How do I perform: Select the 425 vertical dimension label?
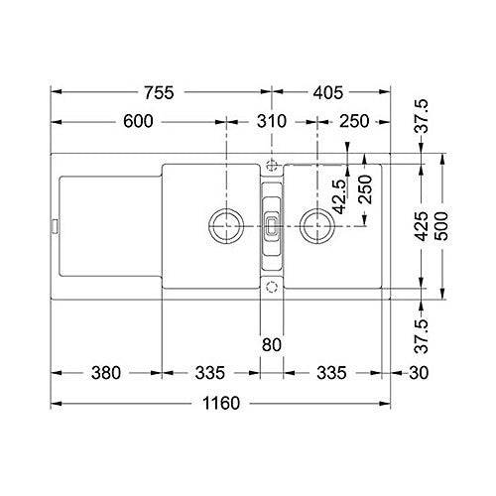click(421, 229)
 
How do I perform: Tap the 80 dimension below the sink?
click(272, 343)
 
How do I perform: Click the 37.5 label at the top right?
click(421, 117)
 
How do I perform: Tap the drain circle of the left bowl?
click(224, 223)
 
